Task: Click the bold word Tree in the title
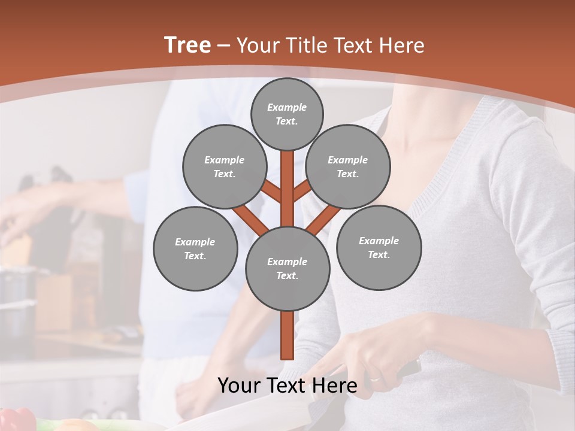(x=187, y=45)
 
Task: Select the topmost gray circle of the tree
(x=287, y=114)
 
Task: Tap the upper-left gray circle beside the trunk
(x=224, y=167)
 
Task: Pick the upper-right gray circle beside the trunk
(x=348, y=167)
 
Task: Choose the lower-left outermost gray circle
(x=195, y=249)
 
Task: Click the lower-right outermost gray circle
(x=379, y=247)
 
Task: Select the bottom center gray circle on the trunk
(x=287, y=269)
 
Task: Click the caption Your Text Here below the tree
(x=287, y=386)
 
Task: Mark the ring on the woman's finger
(x=374, y=379)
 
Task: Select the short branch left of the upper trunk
(x=271, y=192)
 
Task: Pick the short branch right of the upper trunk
(x=302, y=191)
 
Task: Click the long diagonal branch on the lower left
(x=250, y=219)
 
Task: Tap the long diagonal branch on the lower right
(x=323, y=219)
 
